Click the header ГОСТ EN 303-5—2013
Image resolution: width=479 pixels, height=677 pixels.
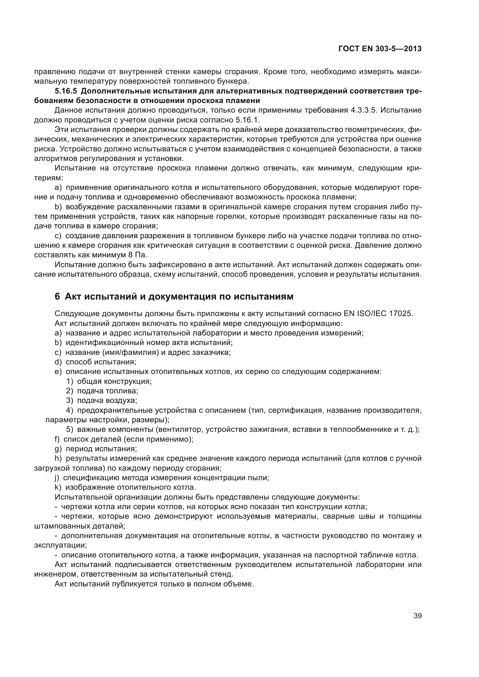pyautogui.click(x=380, y=49)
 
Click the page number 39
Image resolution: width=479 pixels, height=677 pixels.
pyautogui.click(x=417, y=616)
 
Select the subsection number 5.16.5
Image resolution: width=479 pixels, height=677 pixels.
pyautogui.click(x=65, y=91)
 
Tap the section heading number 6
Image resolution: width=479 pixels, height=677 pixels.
pyautogui.click(x=57, y=296)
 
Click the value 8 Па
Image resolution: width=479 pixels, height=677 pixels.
pyautogui.click(x=137, y=255)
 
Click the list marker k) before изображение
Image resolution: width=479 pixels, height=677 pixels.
pyautogui.click(x=58, y=487)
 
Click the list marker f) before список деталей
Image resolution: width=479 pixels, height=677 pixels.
pyautogui.click(x=57, y=439)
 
